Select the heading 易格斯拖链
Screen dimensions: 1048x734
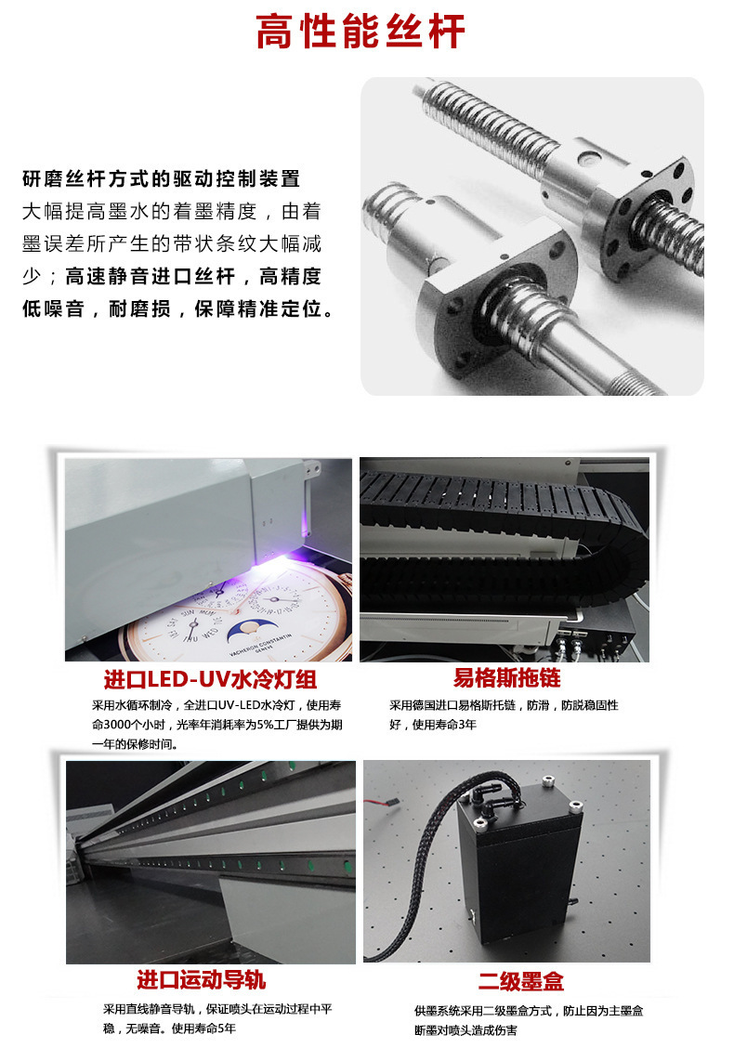[507, 677]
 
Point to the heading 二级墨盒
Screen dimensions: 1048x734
[520, 981]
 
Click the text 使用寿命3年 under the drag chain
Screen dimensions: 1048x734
[432, 724]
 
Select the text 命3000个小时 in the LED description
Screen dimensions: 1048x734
[135, 725]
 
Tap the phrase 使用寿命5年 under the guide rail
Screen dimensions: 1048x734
[203, 1028]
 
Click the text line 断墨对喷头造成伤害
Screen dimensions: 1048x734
[465, 1029]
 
